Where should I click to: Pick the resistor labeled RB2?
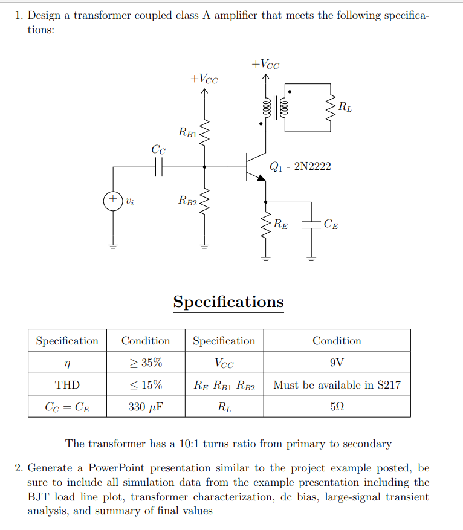pyautogui.click(x=204, y=201)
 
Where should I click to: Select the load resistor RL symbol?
pyautogui.click(x=331, y=109)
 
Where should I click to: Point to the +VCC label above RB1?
pyautogui.click(x=204, y=79)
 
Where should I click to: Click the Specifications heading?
pyautogui.click(x=228, y=301)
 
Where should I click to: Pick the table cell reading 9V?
pyautogui.click(x=337, y=363)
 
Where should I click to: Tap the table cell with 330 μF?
pyautogui.click(x=146, y=407)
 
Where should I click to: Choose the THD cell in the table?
pyautogui.click(x=67, y=384)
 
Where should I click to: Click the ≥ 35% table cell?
pyautogui.click(x=146, y=363)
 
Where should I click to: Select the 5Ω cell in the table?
pyautogui.click(x=337, y=407)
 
